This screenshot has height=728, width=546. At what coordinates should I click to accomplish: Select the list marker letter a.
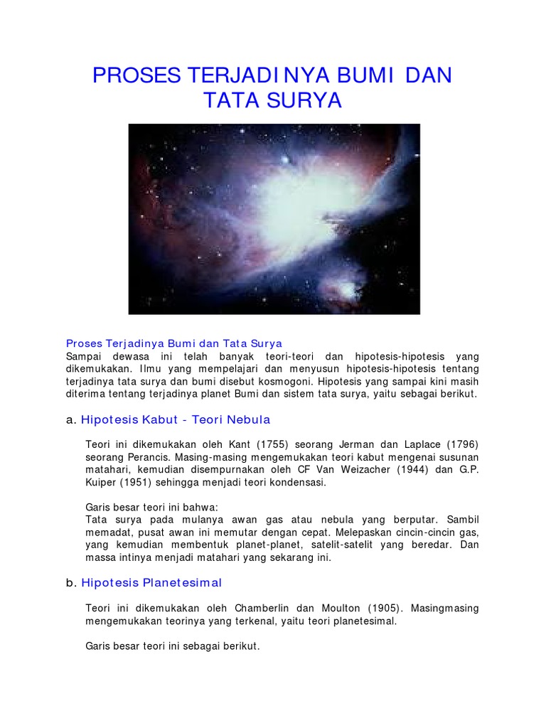coord(70,419)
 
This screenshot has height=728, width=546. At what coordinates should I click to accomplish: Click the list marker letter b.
coord(70,583)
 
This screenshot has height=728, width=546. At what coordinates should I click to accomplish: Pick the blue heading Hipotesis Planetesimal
coord(151,583)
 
